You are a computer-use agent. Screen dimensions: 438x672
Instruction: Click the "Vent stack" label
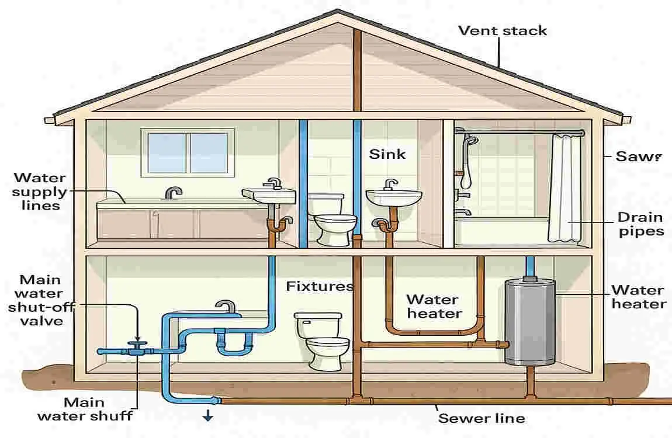tap(503, 30)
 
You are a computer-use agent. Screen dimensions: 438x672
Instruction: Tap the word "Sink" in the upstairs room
tap(387, 155)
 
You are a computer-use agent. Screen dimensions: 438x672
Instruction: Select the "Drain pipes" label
tap(640, 224)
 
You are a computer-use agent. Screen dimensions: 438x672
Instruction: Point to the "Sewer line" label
tap(482, 418)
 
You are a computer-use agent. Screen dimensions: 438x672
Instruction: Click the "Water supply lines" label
tap(40, 192)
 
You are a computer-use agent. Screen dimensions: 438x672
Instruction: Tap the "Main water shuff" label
tap(85, 409)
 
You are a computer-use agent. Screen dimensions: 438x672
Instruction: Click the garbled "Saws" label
tap(638, 157)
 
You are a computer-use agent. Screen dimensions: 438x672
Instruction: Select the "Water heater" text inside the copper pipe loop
tap(433, 306)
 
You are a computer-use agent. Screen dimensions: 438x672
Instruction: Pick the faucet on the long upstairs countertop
tap(174, 192)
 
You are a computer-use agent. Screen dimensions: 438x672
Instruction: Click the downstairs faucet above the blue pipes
tap(225, 306)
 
